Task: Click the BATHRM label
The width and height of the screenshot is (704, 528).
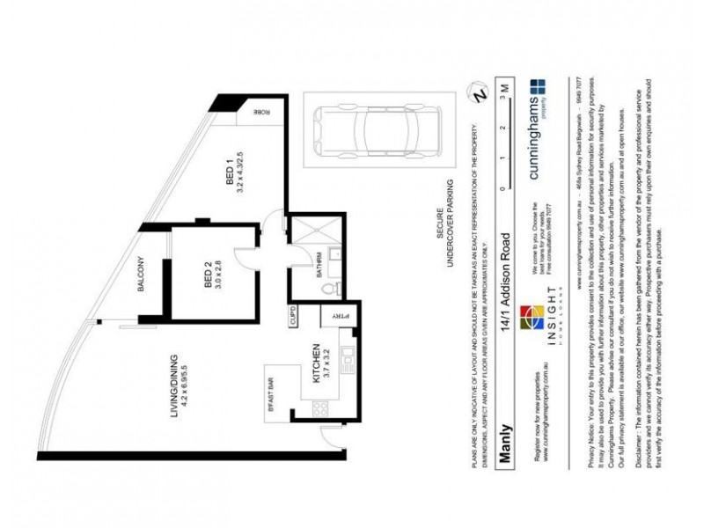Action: click(x=319, y=264)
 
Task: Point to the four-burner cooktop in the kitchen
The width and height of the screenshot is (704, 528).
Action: click(x=319, y=407)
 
